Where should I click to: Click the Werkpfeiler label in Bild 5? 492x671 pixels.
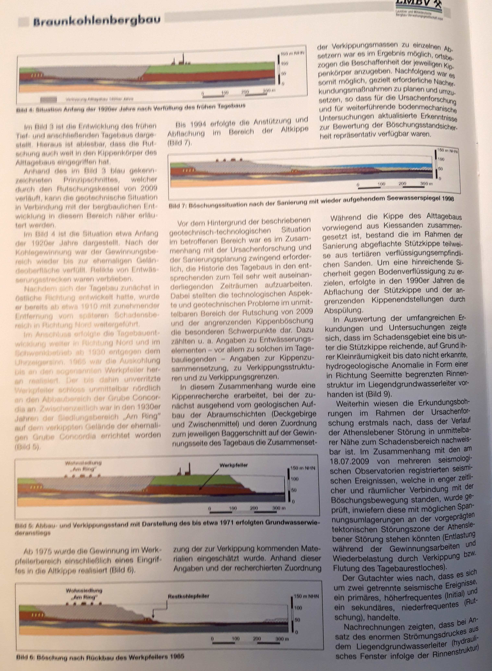click(234, 465)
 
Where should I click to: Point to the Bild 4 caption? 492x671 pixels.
click(131, 108)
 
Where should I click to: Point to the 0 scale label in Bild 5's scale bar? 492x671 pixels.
click(210, 508)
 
